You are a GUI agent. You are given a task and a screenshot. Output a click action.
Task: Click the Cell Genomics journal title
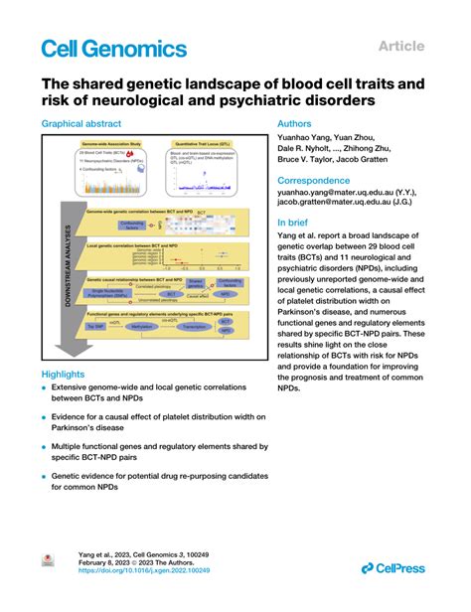tap(113, 49)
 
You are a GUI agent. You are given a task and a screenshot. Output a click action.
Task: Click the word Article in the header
tap(402, 46)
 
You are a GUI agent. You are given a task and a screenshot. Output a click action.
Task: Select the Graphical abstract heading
tap(81, 124)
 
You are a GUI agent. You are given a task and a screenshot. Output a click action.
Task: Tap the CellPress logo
tap(393, 567)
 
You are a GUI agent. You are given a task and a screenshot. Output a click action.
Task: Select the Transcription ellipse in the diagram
tap(196, 324)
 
